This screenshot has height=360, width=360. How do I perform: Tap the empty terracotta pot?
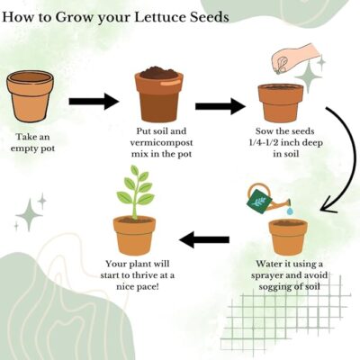[x=30, y=96]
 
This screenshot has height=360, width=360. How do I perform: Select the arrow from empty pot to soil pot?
[x=94, y=102]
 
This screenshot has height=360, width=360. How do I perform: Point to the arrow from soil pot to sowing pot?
[x=220, y=106]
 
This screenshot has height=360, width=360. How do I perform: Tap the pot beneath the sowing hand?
[x=281, y=103]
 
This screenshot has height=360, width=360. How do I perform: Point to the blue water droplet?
[x=290, y=211]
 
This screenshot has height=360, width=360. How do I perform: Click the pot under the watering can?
[x=288, y=237]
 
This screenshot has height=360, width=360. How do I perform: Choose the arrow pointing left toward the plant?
[x=204, y=239]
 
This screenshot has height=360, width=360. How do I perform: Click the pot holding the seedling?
[x=134, y=236]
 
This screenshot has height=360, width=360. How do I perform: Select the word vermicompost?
[x=161, y=143]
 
